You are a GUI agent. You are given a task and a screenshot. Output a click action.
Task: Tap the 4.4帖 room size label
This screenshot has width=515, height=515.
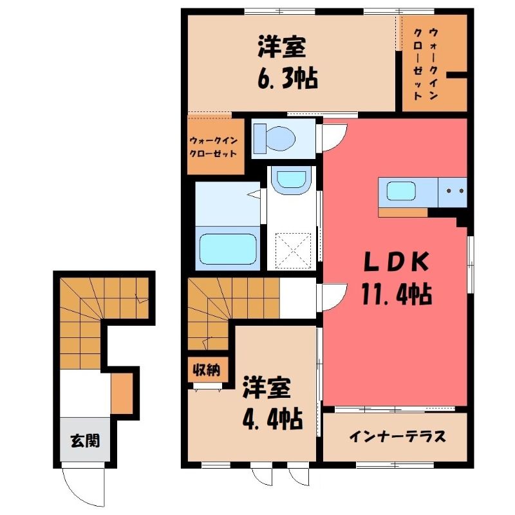coord(272,419)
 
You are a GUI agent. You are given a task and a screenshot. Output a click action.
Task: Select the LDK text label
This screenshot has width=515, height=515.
coord(397,262)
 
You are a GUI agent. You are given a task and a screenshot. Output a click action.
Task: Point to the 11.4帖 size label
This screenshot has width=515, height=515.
coord(397,294)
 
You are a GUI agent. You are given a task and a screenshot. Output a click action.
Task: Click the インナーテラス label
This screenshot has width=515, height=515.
coord(397,436)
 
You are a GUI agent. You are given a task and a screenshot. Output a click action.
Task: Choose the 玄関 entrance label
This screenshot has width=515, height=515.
coord(85,440)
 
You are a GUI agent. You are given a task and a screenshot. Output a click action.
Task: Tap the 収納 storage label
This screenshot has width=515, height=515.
coord(206,371)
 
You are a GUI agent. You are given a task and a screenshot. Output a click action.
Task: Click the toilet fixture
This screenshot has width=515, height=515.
coord(275,138)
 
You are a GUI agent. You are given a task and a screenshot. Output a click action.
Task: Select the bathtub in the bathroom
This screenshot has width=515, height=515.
coord(228,248)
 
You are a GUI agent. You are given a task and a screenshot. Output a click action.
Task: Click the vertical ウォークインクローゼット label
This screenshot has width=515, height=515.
coord(426,64)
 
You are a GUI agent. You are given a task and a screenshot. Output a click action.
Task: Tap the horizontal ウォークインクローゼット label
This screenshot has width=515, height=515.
coord(214,147)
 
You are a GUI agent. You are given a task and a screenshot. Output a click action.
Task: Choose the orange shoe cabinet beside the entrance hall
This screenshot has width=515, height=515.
coord(122,393)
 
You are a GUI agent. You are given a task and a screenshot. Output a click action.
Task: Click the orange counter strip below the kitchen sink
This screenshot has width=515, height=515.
coord(403,212)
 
